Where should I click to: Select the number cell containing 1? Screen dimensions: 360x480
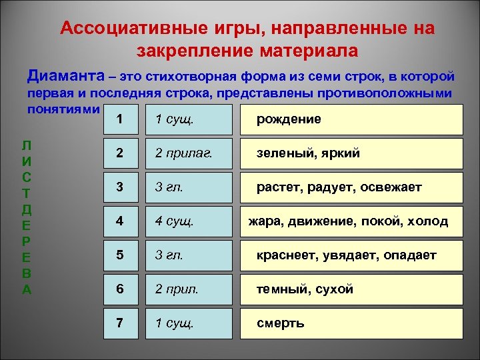click(119, 119)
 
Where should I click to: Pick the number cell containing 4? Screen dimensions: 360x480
click(119, 221)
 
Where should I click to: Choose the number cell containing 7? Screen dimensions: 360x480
click(119, 323)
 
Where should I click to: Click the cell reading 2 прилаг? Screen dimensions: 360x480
click(183, 153)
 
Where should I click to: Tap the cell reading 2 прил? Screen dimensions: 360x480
click(177, 289)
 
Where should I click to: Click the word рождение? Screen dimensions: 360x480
click(289, 119)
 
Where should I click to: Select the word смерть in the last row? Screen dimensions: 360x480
click(281, 323)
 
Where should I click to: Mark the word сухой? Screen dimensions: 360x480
click(334, 289)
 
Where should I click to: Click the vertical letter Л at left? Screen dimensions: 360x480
click(26, 145)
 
